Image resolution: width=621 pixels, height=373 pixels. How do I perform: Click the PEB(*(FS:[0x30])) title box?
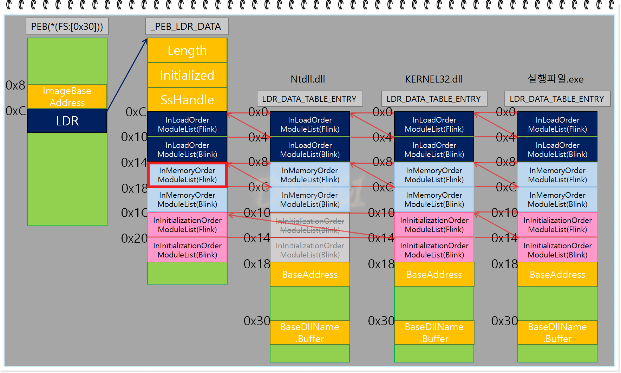67,26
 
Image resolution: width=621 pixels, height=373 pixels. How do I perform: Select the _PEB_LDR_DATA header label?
187,26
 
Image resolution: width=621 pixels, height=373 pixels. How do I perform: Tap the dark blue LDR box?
67,121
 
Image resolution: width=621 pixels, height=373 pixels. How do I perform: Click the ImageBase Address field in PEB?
67,97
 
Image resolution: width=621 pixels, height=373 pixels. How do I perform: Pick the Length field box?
187,51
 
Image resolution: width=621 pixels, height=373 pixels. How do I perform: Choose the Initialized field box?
187,75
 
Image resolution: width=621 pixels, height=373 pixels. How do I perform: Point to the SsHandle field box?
187,100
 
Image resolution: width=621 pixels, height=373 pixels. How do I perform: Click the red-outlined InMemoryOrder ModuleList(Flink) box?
187,175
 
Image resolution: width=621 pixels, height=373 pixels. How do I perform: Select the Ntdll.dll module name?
308,79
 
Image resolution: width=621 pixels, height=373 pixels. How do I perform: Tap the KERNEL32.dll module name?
434,79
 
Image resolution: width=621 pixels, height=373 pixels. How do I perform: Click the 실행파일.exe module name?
555,79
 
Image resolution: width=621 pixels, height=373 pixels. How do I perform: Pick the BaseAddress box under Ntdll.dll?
310,274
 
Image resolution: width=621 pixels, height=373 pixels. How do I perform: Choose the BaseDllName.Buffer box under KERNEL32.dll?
434,333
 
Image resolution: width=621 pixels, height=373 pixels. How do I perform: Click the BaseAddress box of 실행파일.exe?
557,274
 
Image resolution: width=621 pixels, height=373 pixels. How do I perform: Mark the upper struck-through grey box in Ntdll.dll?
310,225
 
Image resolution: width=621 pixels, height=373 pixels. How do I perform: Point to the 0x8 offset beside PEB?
15,85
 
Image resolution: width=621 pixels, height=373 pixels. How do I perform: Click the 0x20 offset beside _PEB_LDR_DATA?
134,238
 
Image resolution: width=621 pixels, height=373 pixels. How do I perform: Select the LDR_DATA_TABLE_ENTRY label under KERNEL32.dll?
434,99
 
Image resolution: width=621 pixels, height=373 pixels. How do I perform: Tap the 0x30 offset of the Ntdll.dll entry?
257,321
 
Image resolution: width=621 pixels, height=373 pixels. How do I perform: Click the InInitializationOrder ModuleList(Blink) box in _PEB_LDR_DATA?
187,250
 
